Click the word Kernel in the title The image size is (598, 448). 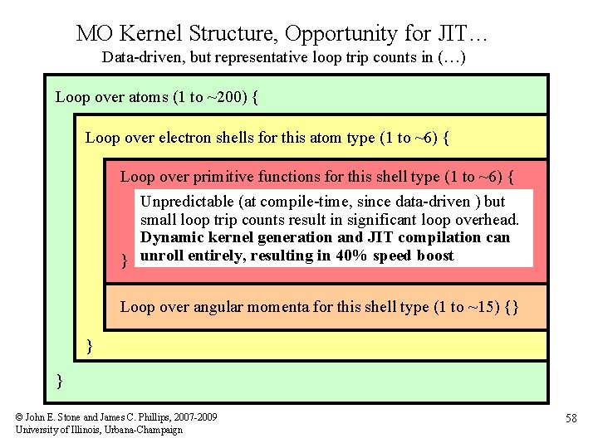[152, 34]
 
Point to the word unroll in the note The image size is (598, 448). [161, 256]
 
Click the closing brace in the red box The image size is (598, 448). [125, 261]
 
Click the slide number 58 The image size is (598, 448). [571, 419]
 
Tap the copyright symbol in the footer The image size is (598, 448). [20, 416]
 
